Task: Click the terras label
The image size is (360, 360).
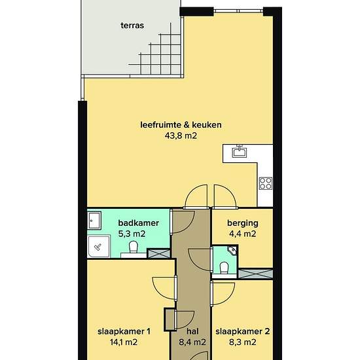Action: pyautogui.click(x=132, y=26)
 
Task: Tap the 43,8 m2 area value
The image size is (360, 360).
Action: pyautogui.click(x=181, y=135)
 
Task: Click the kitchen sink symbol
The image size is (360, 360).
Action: pyautogui.click(x=240, y=151)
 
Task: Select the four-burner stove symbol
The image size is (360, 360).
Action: pyautogui.click(x=266, y=183)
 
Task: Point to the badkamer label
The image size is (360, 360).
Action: pyautogui.click(x=139, y=223)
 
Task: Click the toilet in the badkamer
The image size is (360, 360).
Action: pyautogui.click(x=133, y=247)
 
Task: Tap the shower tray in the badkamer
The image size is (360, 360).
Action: pyautogui.click(x=99, y=246)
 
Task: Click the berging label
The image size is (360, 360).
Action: pyautogui.click(x=243, y=223)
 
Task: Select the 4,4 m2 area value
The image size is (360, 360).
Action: pyautogui.click(x=242, y=234)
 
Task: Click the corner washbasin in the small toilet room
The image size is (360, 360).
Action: pyautogui.click(x=232, y=250)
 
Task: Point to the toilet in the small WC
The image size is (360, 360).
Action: pyautogui.click(x=224, y=268)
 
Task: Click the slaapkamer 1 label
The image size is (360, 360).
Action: pyautogui.click(x=124, y=332)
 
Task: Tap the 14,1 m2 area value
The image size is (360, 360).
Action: pyautogui.click(x=124, y=342)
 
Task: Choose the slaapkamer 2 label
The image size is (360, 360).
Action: pyautogui.click(x=243, y=332)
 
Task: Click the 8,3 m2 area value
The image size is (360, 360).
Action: pyautogui.click(x=242, y=342)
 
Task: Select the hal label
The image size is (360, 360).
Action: pyautogui.click(x=192, y=331)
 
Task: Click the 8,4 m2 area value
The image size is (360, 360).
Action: pyautogui.click(x=192, y=342)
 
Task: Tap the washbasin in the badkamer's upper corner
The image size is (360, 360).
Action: pyautogui.click(x=94, y=221)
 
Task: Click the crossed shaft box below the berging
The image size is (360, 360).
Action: pyautogui.click(x=255, y=274)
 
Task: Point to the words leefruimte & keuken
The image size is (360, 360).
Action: pyautogui.click(x=181, y=125)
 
